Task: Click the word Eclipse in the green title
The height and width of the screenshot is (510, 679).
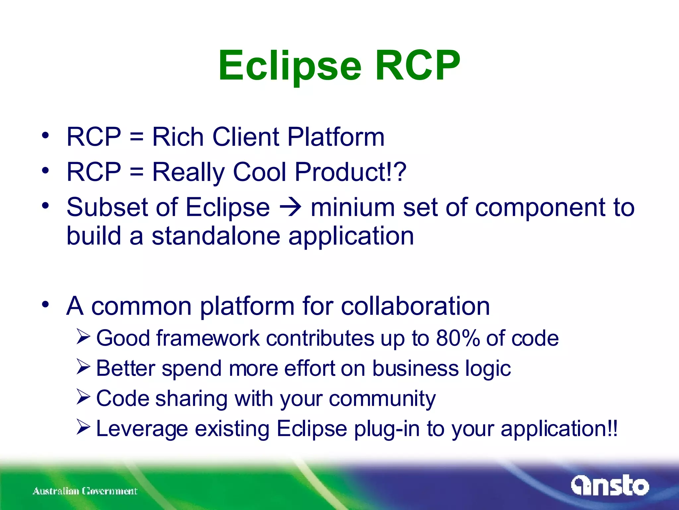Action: coord(289,66)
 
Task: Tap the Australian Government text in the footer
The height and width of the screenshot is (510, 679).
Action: coord(85,491)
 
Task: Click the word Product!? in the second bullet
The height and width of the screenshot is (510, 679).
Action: coord(350,172)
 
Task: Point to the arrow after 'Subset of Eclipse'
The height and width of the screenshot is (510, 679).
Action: coord(290,208)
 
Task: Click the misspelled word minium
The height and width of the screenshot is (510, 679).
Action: coord(352,208)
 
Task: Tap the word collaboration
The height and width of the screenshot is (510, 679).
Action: coord(415,306)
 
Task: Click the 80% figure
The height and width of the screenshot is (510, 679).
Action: coord(458,338)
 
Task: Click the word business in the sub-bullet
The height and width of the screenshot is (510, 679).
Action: coord(415,369)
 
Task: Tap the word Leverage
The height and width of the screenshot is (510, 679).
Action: coord(142,429)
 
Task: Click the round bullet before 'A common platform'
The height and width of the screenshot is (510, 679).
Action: coord(45,304)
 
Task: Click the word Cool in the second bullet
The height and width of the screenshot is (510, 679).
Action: coord(259,172)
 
